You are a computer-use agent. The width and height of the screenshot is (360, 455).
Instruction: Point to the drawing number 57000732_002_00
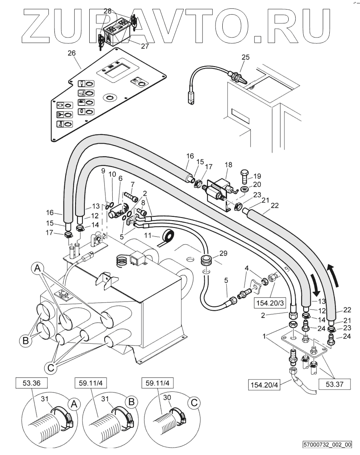coord(327,445)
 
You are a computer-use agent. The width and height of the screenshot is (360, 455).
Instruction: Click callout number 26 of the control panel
coord(72,53)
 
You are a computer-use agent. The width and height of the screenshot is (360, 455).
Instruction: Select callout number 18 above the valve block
coord(228,165)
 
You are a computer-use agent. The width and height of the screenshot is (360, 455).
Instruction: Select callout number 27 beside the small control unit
coord(145,46)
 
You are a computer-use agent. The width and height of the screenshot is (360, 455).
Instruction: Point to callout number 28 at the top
coord(108,11)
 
